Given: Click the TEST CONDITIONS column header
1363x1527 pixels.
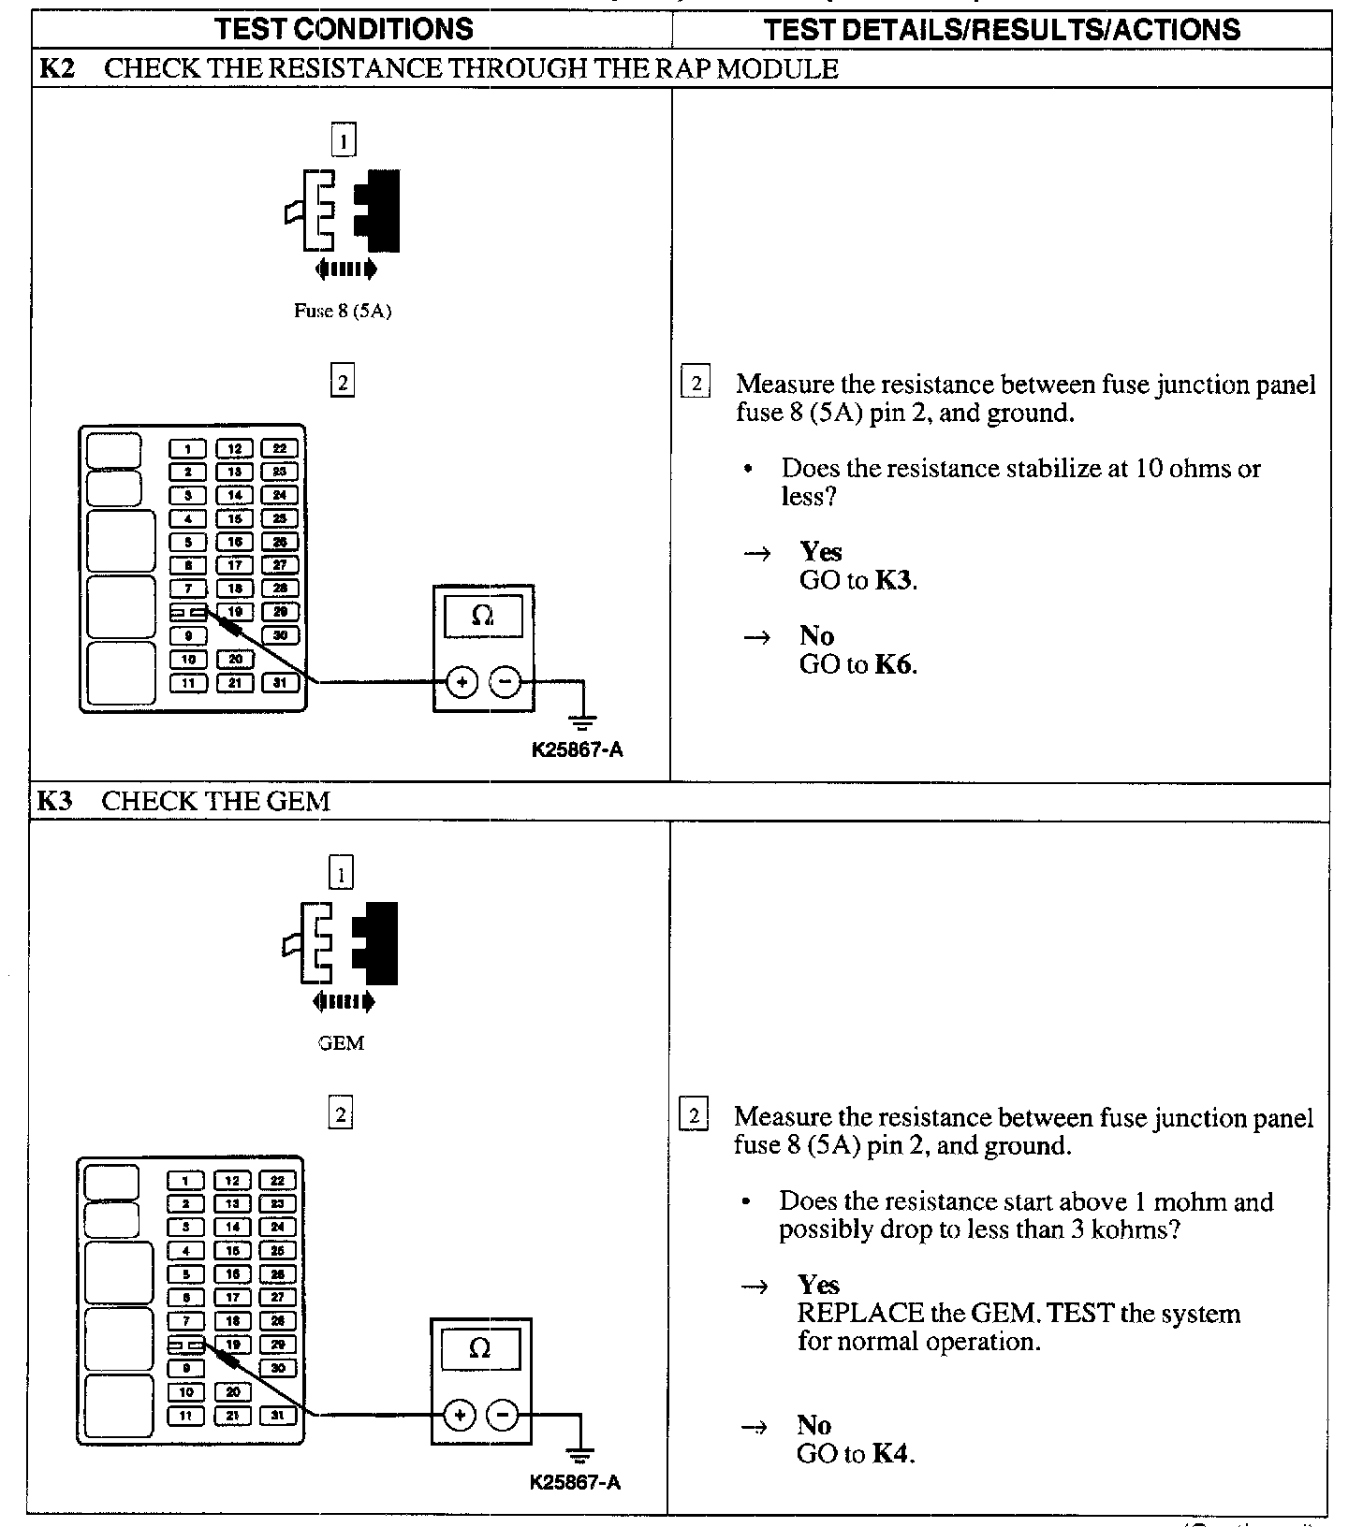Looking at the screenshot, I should pos(344,29).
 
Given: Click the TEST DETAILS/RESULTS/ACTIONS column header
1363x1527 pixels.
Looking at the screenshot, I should pos(1002,29).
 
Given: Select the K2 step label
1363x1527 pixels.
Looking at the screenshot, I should pos(56,68).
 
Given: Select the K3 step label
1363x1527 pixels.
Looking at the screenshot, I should pos(54,801).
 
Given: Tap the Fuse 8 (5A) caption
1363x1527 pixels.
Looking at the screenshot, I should pos(343,312).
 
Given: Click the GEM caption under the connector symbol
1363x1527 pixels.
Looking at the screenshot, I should pos(341,1043).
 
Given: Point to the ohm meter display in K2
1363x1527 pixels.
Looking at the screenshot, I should pos(483,616).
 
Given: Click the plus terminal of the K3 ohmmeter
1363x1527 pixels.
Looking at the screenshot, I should pos(459,1415).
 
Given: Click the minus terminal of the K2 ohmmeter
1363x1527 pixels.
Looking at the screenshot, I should pos(506,683).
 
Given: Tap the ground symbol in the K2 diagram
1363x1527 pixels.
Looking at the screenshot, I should pos(582,720).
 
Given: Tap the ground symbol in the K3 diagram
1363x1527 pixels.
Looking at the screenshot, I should pos(580,1453).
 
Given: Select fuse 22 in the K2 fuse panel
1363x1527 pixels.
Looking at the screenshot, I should pos(279,449).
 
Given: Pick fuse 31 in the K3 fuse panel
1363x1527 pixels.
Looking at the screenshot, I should pos(277,1416).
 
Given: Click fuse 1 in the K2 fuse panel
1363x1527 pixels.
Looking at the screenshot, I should pos(188,449).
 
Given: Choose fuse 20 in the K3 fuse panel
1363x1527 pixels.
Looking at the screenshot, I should pos(233,1392).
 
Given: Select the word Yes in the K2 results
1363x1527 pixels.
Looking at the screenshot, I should pos(821,552).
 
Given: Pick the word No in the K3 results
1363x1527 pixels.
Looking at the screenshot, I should pos(814,1425).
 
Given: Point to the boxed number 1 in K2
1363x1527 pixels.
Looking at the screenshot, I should pos(344,141).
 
